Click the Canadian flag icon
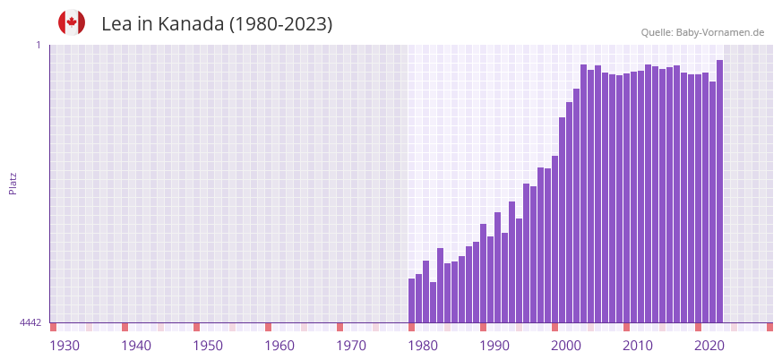pyautogui.click(x=72, y=22)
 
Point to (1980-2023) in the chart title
pyautogui.click(x=280, y=24)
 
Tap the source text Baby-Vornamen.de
pyautogui.click(x=720, y=32)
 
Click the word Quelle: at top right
pyautogui.click(x=656, y=32)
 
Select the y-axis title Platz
pyautogui.click(x=13, y=183)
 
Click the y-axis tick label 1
pyautogui.click(x=39, y=45)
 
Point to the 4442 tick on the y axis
pyautogui.click(x=30, y=322)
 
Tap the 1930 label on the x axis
pyautogui.click(x=64, y=346)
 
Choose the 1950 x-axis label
pyautogui.click(x=208, y=346)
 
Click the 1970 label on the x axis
pyautogui.click(x=351, y=346)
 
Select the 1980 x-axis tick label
pyautogui.click(x=423, y=346)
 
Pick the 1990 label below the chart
pyautogui.click(x=494, y=346)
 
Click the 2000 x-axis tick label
pyautogui.click(x=566, y=346)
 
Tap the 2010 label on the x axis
pyautogui.click(x=638, y=346)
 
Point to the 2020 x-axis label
pyautogui.click(x=709, y=346)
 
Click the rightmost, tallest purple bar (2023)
pyautogui.click(x=719, y=192)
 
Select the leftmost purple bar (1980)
pyautogui.click(x=411, y=301)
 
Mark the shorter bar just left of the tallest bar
pyautogui.click(x=712, y=202)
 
